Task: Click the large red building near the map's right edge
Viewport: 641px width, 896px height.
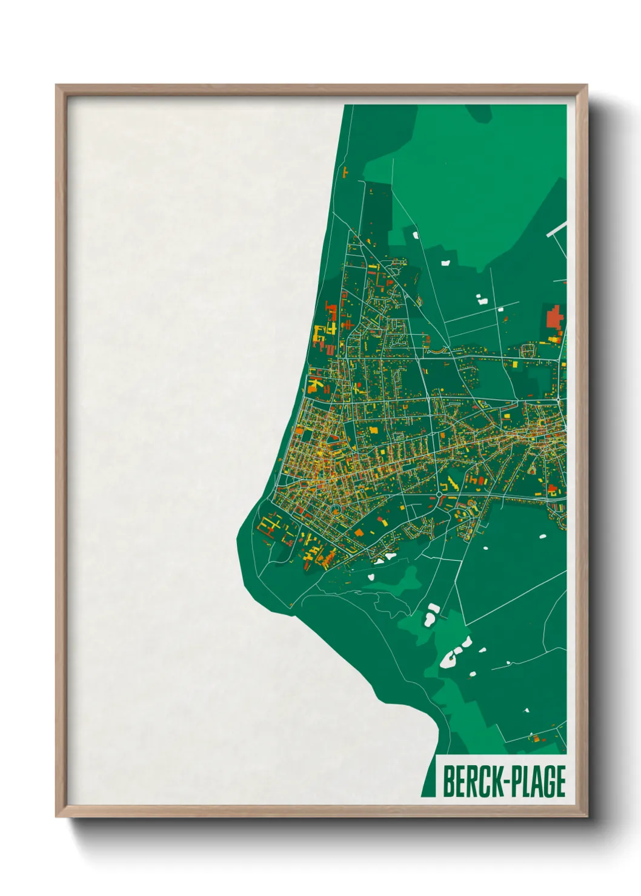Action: (x=554, y=317)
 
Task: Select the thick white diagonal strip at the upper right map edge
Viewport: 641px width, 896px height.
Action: (x=557, y=229)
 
